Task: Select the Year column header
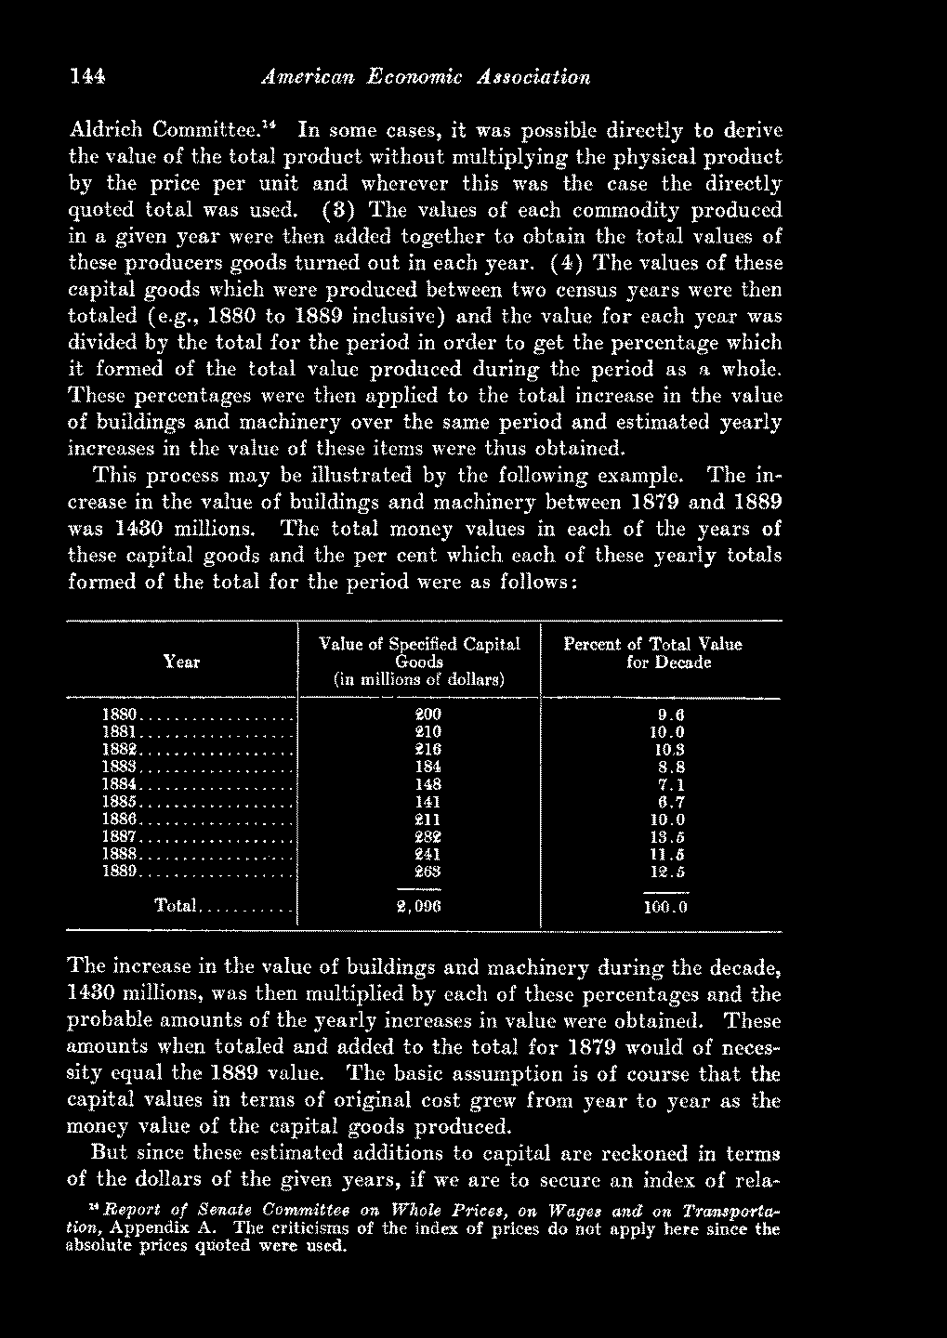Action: click(181, 662)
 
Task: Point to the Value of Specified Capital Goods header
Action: click(419, 662)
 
